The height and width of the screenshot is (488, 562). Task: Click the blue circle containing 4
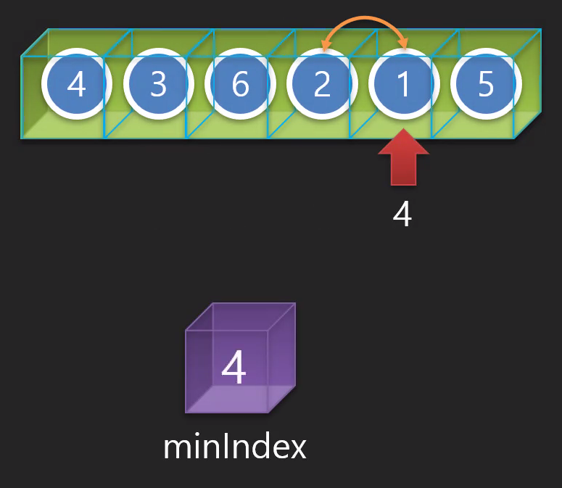pyautogui.click(x=76, y=86)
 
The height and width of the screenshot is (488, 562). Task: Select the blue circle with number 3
pyautogui.click(x=158, y=86)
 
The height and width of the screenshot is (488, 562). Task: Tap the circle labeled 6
pyautogui.click(x=240, y=86)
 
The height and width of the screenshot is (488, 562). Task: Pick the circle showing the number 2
pyautogui.click(x=322, y=86)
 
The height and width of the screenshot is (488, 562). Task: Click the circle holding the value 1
pyautogui.click(x=404, y=86)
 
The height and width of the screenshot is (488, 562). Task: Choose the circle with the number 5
pyautogui.click(x=486, y=86)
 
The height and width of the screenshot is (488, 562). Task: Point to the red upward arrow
pyautogui.click(x=404, y=159)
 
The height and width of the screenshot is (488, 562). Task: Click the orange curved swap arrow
pyautogui.click(x=363, y=20)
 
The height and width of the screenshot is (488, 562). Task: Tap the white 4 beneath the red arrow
pyautogui.click(x=402, y=215)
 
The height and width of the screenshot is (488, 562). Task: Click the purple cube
pyautogui.click(x=240, y=359)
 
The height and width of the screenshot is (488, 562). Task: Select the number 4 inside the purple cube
pyautogui.click(x=234, y=368)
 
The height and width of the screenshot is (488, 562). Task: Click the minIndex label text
pyautogui.click(x=235, y=447)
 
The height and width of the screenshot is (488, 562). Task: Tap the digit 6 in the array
pyautogui.click(x=240, y=86)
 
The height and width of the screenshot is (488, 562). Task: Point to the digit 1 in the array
pyautogui.click(x=404, y=86)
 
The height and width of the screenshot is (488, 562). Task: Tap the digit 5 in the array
pyautogui.click(x=486, y=86)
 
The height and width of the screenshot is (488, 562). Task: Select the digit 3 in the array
pyautogui.click(x=158, y=86)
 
